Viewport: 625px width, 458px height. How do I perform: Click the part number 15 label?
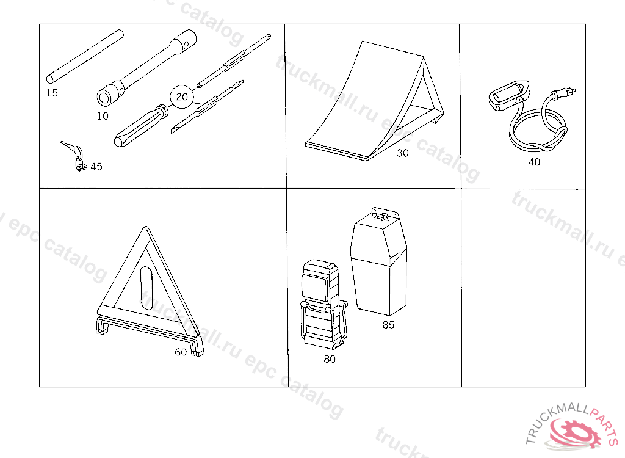tap(52, 93)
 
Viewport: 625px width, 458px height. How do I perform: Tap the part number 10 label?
tap(103, 116)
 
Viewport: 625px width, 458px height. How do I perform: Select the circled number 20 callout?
tap(181, 96)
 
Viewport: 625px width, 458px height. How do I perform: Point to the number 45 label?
tap(96, 166)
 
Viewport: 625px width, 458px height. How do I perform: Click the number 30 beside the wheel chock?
tap(403, 153)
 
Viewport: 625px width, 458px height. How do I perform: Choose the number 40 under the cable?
tap(535, 162)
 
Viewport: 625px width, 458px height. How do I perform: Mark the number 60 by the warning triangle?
tap(181, 352)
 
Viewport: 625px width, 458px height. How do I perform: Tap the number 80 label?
tap(330, 359)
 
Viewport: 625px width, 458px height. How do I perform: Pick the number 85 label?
tap(389, 325)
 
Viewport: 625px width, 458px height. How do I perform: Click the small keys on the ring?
tap(74, 156)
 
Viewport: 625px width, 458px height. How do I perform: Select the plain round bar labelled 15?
tap(85, 56)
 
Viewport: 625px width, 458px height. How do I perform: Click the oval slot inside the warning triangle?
tap(146, 286)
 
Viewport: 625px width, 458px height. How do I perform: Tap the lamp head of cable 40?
tap(510, 95)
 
